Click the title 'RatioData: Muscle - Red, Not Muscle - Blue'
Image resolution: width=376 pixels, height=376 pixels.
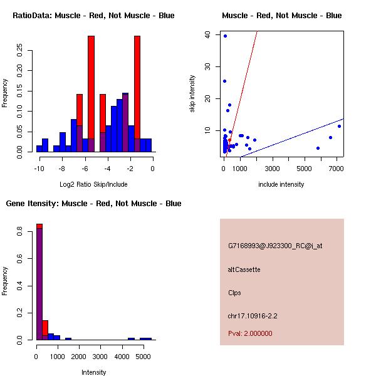tap(93, 16)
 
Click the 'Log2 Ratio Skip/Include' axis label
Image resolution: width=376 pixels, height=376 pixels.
tap(93, 184)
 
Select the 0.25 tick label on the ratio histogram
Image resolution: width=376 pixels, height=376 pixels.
tap(19, 51)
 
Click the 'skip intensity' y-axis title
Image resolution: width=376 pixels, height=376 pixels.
tap(193, 94)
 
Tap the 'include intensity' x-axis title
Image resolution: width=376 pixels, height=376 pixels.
tap(281, 184)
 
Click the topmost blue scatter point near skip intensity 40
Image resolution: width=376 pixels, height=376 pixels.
tap(225, 36)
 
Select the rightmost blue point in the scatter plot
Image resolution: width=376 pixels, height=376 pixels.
tap(339, 126)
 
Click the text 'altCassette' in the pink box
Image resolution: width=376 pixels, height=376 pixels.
tap(244, 269)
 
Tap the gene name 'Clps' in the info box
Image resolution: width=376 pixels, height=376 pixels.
tap(234, 293)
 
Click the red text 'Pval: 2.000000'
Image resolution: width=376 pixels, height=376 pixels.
tap(250, 333)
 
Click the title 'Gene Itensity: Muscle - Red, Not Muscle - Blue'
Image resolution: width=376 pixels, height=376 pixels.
tap(93, 204)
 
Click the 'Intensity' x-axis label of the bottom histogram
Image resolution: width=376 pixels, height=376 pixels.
tap(93, 372)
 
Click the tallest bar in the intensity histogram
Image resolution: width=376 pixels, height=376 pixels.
tap(39, 282)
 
